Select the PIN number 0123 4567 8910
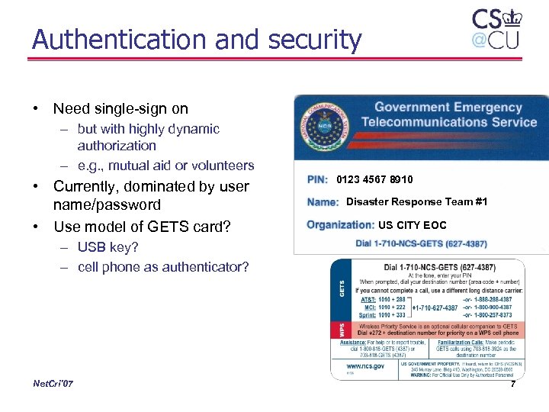click(374, 180)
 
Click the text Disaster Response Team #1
click(416, 202)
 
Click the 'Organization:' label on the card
click(340, 225)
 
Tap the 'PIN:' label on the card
click(317, 180)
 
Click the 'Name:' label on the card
click(323, 202)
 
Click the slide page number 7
click(513, 384)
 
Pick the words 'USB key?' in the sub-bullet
click(107, 247)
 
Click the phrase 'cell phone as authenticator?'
click(163, 267)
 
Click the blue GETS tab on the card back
click(342, 290)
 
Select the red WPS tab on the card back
click(342, 330)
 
